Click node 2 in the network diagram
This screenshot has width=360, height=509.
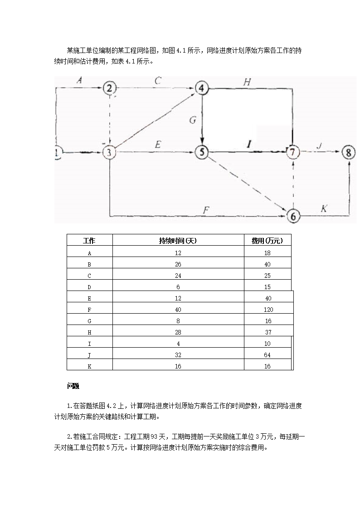point(110,88)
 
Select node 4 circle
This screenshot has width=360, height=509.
point(201,88)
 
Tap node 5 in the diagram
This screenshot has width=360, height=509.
point(201,152)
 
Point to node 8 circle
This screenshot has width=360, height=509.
point(348,152)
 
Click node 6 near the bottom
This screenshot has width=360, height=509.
point(293,216)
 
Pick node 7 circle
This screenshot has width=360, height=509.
point(293,152)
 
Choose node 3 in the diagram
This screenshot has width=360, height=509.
point(110,152)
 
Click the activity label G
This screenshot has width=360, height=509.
point(192,120)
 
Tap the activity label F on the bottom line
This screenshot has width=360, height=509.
point(206,209)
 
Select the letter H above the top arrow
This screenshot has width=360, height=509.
point(247,82)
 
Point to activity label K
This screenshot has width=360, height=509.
point(324,208)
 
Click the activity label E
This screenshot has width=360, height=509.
point(158,145)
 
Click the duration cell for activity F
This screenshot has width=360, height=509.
point(178,310)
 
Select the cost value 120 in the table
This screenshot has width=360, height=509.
point(268,310)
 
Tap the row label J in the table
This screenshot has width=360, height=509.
point(89,355)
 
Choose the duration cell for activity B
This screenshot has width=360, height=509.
point(178,264)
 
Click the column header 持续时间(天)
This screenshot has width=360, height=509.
point(178,240)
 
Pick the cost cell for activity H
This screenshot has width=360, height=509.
point(268,332)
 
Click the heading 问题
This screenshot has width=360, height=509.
point(73,386)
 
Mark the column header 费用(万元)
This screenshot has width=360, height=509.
point(268,240)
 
